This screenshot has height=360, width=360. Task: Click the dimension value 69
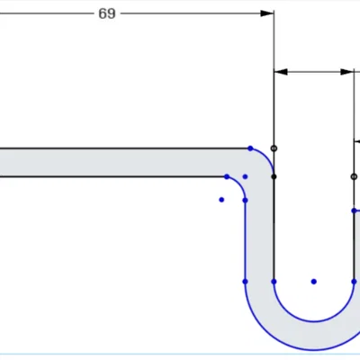[107, 13]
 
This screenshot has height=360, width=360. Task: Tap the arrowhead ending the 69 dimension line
[267, 13]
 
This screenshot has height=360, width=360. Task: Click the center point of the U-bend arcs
[314, 282]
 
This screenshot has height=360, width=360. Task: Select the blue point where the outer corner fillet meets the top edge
[250, 148]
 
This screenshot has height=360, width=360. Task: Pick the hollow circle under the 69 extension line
[274, 148]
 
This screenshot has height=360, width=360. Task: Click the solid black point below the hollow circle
[274, 176]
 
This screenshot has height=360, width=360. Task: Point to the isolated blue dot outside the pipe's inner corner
[221, 200]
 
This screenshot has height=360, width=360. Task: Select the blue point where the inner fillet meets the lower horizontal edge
[227, 176]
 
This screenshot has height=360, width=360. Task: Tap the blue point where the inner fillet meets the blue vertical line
[245, 200]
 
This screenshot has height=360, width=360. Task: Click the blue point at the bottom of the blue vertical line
[245, 282]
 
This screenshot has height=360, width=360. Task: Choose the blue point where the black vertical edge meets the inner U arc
[274, 282]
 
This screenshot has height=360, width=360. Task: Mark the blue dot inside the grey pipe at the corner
[245, 176]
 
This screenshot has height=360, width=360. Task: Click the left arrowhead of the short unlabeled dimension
[281, 72]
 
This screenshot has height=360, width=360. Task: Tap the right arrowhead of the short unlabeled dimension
[346, 72]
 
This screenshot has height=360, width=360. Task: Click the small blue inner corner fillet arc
[239, 183]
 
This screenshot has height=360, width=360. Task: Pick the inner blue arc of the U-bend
[314, 321]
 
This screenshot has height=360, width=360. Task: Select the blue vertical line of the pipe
[245, 240]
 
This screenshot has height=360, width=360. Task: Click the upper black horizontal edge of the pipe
[125, 148]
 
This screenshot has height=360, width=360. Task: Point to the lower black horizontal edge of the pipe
[113, 176]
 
